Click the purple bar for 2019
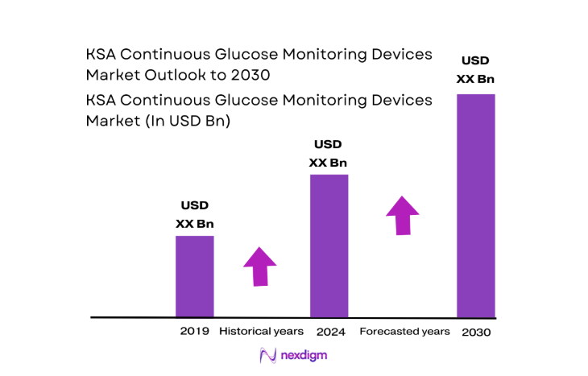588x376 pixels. tap(194, 275)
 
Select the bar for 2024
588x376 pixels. tap(329, 245)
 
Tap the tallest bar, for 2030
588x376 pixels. tap(475, 205)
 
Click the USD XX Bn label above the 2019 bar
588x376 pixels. tap(194, 215)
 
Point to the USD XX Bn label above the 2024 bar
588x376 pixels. tap(329, 153)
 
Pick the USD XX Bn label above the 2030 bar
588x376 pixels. tap(475, 69)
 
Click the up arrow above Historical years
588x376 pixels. tap(259, 266)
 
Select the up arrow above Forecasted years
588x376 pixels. tap(402, 214)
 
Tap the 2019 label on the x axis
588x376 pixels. tap(194, 331)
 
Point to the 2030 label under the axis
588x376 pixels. tap(475, 332)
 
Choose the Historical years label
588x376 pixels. tap(261, 331)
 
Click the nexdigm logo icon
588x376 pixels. tap(267, 355)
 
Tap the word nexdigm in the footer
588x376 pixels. tap(304, 355)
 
